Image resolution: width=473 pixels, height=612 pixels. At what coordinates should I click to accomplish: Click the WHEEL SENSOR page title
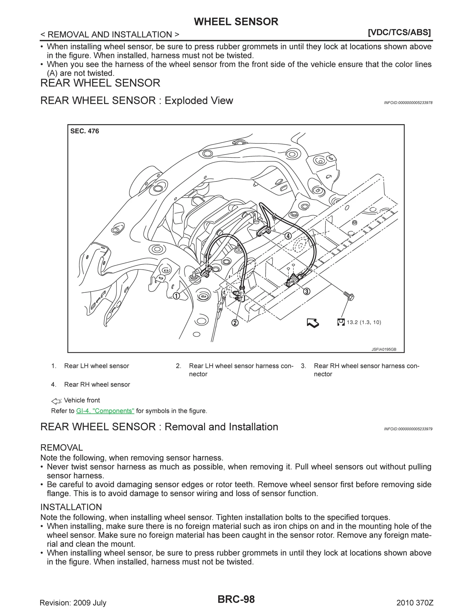tap(236, 22)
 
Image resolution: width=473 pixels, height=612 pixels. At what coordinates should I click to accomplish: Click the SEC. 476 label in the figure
tap(84, 131)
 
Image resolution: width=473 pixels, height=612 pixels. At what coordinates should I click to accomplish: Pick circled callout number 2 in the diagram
tap(235, 323)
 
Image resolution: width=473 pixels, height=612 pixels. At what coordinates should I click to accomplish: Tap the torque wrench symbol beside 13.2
tap(341, 322)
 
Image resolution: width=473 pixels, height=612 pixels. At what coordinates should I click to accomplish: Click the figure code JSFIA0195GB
tap(384, 350)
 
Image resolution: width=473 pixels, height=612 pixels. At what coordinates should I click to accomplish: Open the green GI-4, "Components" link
tap(105, 411)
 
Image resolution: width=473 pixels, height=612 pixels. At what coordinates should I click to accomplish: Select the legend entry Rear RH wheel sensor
tap(97, 384)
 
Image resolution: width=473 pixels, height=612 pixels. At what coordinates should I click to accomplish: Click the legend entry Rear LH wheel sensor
tap(96, 366)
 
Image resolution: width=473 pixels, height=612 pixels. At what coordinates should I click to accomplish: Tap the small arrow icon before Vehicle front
tap(56, 401)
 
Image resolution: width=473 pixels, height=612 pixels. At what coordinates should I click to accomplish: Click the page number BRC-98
tap(236, 599)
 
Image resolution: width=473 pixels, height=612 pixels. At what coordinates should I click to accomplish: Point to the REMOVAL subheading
tap(62, 448)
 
